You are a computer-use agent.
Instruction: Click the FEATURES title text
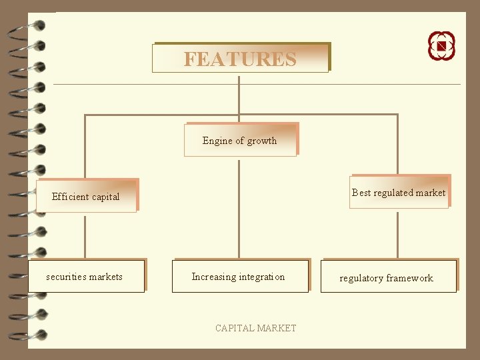click(x=240, y=59)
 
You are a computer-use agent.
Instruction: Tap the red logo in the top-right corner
click(x=441, y=45)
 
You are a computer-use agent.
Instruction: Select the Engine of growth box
click(x=240, y=140)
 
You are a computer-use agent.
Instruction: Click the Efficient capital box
click(x=87, y=197)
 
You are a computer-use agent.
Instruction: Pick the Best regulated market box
click(x=399, y=193)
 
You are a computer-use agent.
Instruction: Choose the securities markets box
click(x=85, y=277)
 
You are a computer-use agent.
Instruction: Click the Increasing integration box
click(x=239, y=277)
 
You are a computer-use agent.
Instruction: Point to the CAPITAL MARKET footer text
click(x=255, y=328)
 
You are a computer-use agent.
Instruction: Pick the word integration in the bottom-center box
click(x=261, y=277)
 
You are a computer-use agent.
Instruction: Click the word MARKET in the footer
click(x=276, y=328)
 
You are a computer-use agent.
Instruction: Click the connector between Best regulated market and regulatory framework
click(x=397, y=233)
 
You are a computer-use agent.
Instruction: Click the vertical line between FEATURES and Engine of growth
click(x=239, y=97)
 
